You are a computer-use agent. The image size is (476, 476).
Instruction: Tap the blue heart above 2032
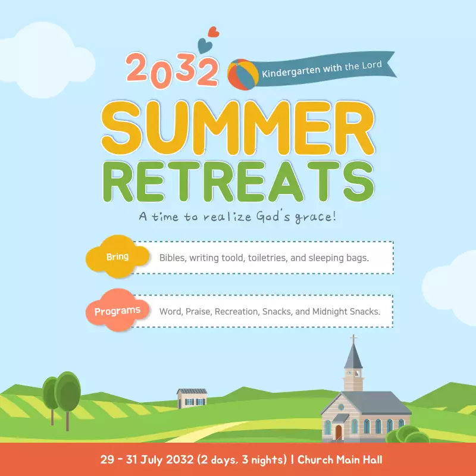click(204, 43)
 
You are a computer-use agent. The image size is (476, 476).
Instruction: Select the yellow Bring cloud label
click(117, 258)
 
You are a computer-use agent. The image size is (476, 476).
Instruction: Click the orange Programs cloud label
click(117, 311)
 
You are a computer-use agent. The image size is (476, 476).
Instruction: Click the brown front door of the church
click(339, 433)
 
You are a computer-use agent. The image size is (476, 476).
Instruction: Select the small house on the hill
click(192, 398)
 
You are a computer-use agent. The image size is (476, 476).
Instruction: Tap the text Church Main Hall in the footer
click(340, 460)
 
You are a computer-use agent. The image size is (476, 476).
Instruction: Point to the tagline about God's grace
click(238, 216)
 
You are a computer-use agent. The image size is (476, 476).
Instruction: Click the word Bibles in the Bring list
click(172, 258)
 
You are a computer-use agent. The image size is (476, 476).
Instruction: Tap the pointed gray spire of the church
click(353, 358)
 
